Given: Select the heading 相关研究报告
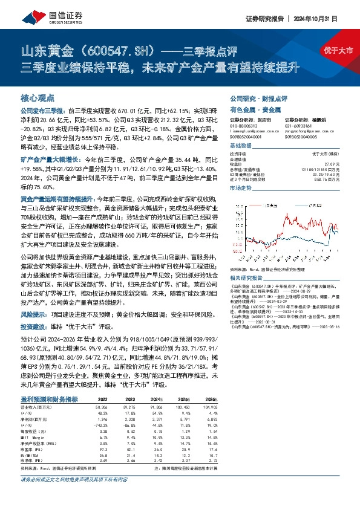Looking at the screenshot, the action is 244,277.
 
